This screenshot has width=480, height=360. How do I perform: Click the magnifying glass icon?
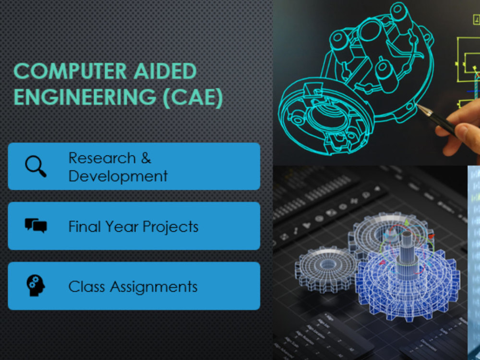click(36, 166)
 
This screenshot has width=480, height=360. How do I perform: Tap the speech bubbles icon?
click(36, 226)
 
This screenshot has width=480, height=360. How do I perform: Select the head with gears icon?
click(36, 286)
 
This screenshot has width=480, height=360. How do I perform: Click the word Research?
click(95, 158)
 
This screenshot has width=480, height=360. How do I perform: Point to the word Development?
click(118, 176)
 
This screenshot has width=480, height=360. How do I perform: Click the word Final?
click(84, 227)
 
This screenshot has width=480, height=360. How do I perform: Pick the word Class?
click(86, 287)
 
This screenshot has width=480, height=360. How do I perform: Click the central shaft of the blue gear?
click(407, 250)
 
